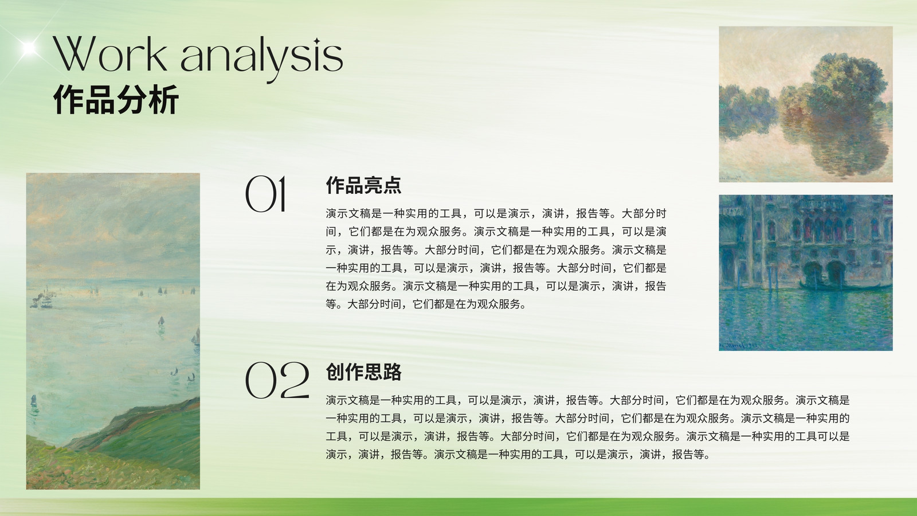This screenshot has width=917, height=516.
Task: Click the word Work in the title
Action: coord(109,54)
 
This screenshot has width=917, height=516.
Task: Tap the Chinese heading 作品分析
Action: coord(116,100)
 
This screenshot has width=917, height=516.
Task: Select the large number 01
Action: coord(265,194)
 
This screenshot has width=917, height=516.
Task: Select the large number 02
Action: coord(277,380)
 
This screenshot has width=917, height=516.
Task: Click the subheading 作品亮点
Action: coord(363,185)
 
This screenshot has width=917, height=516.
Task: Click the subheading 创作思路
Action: coord(363,372)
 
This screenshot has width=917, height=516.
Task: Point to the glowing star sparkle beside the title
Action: coord(29,48)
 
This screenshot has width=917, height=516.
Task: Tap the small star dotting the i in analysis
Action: coord(316,41)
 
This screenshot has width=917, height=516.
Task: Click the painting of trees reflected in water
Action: coord(806,104)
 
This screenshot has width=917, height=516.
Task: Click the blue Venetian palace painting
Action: coord(806,273)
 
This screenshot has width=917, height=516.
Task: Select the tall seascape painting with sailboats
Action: coord(113,331)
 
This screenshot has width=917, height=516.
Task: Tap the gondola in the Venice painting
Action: coord(843,286)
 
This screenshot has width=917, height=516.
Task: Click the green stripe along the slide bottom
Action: coord(458,507)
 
